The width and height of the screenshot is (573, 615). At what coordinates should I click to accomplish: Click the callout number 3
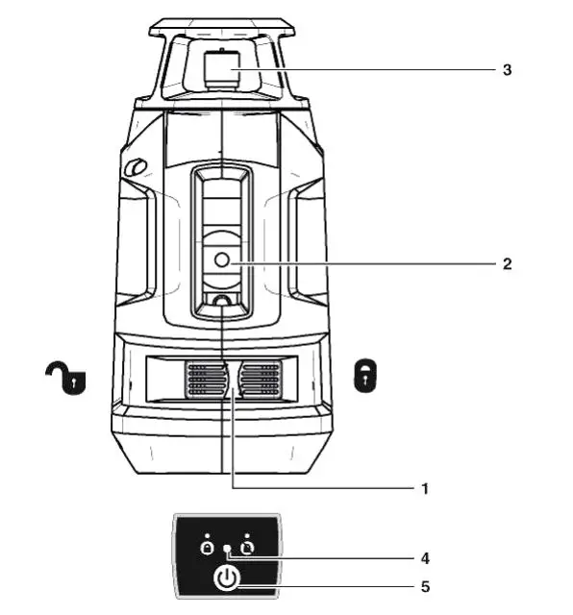point(507,70)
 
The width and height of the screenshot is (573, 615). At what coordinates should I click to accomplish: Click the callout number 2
point(507,261)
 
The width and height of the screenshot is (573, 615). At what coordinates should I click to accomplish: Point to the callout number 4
point(424,557)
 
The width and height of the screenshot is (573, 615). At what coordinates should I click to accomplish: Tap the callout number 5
point(424,585)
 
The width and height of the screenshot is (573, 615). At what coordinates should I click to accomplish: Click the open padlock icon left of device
point(65,378)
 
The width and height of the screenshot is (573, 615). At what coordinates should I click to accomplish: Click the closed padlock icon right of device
point(365,377)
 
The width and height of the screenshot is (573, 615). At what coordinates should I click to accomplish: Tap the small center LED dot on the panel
point(227,549)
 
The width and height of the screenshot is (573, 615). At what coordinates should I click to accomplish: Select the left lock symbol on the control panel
point(206,547)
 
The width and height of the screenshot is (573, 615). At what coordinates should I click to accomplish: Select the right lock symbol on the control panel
point(247,547)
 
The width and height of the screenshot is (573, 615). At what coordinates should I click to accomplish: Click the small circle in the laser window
point(221,259)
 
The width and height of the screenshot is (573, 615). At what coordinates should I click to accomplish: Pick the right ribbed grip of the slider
point(260,379)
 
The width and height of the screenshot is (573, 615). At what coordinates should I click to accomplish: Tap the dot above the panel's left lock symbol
point(206,533)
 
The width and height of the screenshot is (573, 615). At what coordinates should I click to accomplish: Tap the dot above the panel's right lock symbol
point(247,533)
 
